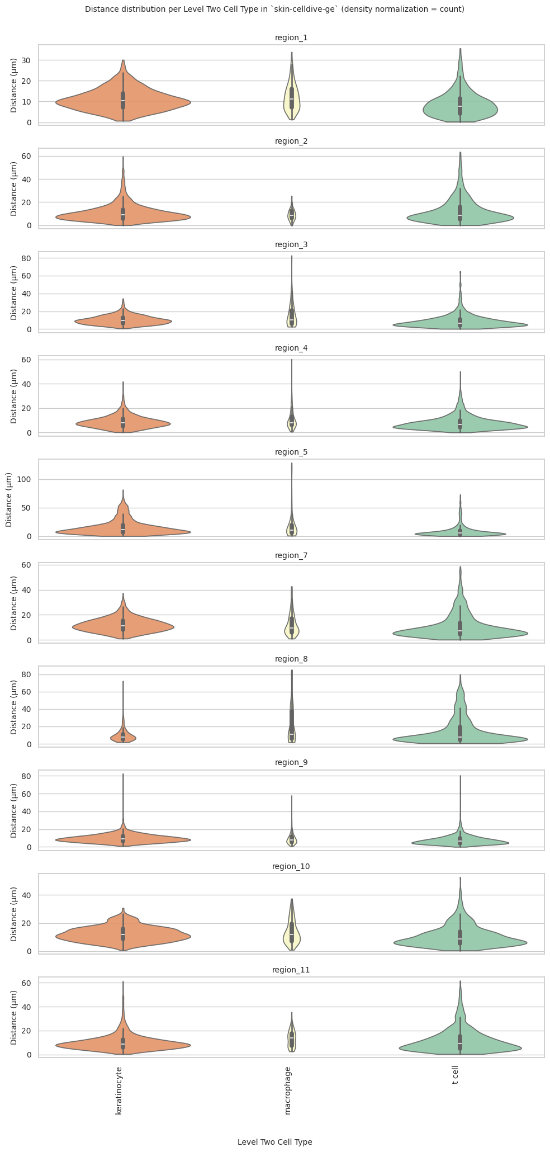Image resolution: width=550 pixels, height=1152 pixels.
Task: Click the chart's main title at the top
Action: (x=274, y=10)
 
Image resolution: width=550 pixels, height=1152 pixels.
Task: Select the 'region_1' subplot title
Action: (x=291, y=37)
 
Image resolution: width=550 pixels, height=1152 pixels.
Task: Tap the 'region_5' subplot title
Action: (x=291, y=452)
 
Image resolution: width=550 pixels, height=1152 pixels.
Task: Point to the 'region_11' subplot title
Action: (x=291, y=970)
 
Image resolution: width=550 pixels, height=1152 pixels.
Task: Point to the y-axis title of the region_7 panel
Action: (x=14, y=602)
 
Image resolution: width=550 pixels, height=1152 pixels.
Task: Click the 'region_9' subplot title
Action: (x=291, y=762)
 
